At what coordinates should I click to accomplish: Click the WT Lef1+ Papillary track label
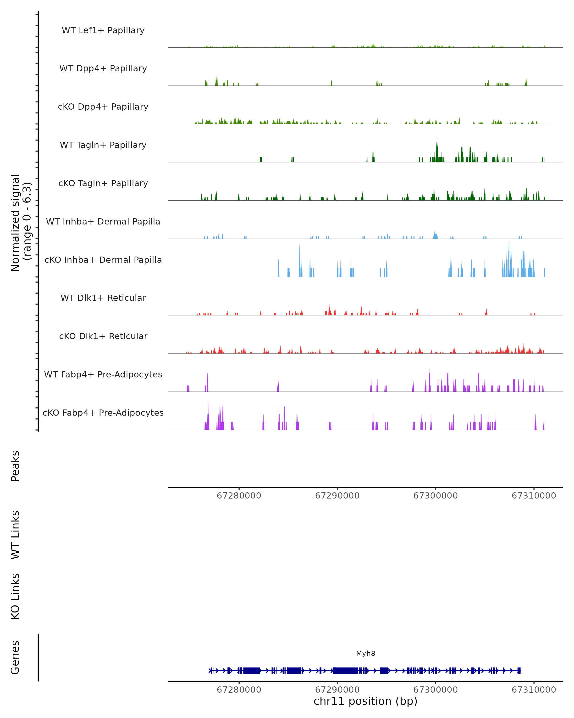point(103,30)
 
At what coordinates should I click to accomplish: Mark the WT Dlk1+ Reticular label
point(103,298)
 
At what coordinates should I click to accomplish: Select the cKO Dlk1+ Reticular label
point(103,336)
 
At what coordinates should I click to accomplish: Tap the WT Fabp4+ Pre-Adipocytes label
point(103,374)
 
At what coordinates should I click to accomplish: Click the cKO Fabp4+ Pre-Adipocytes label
point(103,413)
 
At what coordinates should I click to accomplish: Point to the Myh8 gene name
point(365,653)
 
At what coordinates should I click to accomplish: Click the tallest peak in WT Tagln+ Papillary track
point(437,137)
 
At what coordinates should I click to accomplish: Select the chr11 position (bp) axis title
point(365,701)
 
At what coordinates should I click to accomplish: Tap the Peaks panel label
point(15,466)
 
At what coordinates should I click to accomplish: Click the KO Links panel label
point(15,596)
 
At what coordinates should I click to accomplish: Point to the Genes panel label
point(15,657)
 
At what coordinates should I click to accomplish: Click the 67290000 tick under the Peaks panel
point(337,496)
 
